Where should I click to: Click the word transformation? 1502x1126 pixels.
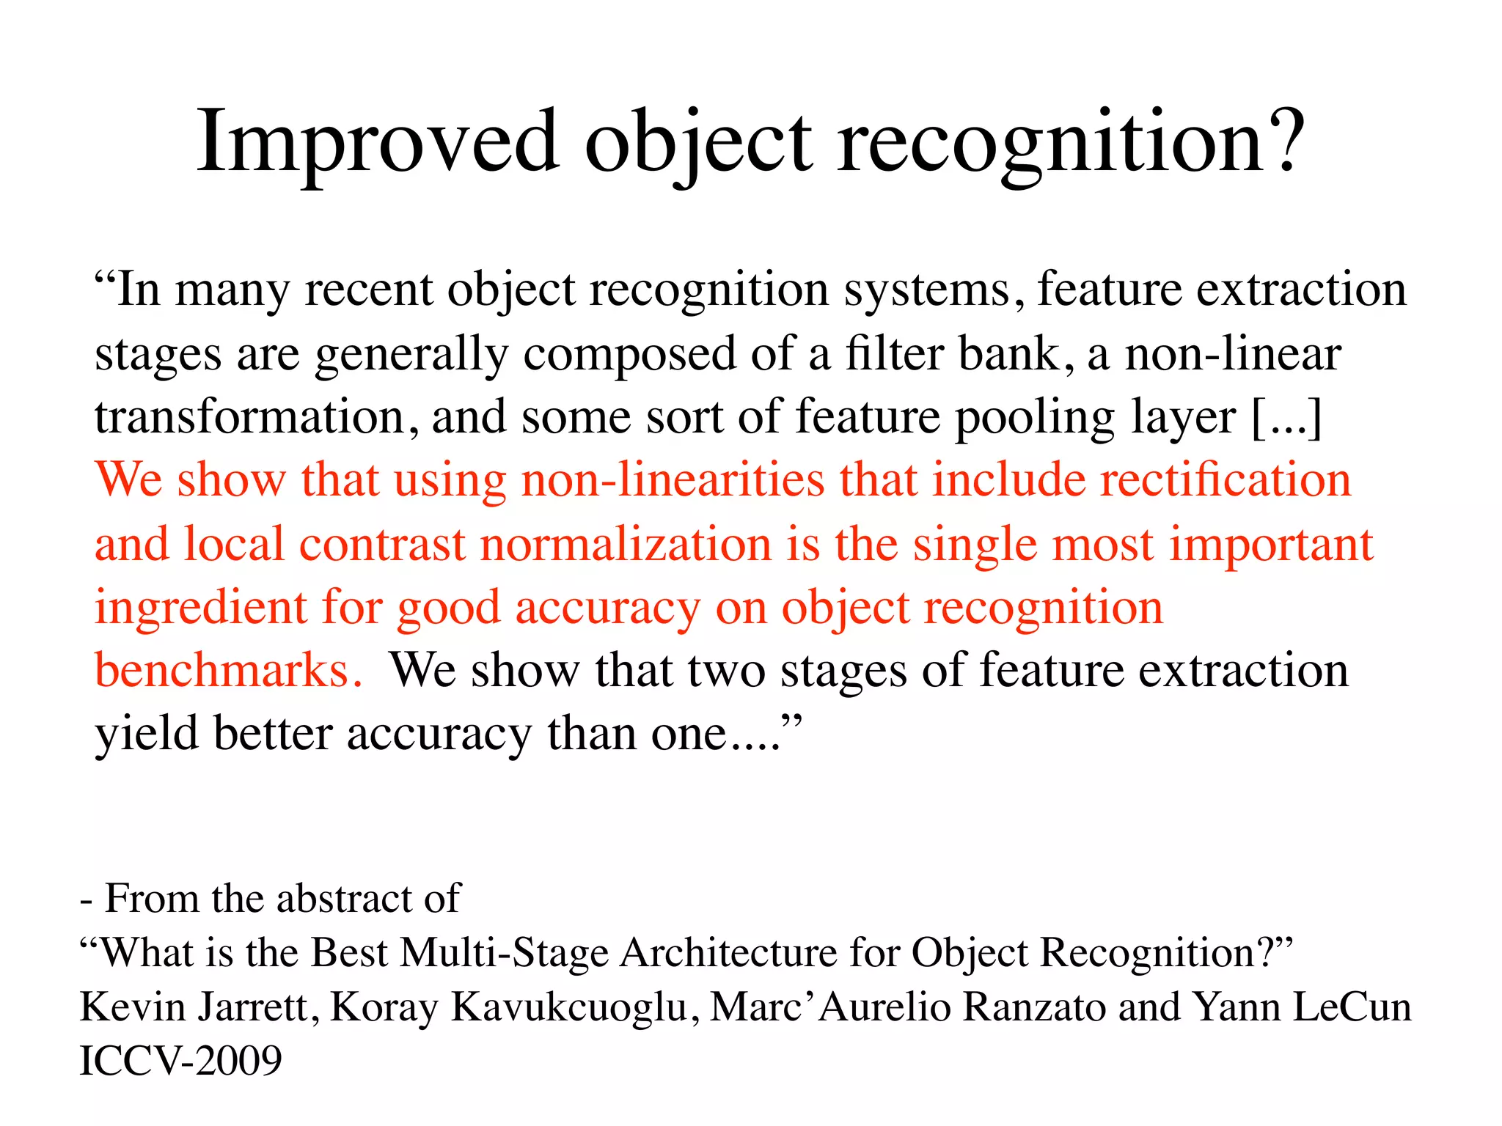click(x=249, y=417)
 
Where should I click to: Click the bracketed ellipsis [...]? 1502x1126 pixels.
click(x=1287, y=417)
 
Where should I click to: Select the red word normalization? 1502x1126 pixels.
click(x=626, y=545)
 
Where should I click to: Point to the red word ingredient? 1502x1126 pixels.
click(x=200, y=609)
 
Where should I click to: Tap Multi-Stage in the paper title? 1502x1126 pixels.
click(x=505, y=953)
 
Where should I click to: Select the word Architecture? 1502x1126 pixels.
click(x=728, y=953)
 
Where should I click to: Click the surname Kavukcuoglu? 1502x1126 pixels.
click(x=571, y=1007)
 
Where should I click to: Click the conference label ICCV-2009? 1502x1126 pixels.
click(x=180, y=1061)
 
